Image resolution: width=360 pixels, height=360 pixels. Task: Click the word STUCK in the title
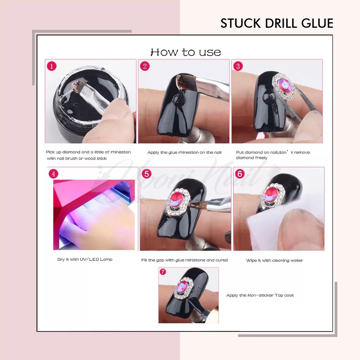tap(240, 23)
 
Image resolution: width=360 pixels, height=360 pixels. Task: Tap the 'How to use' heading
tap(186, 52)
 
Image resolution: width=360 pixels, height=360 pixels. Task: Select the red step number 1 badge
tap(52, 66)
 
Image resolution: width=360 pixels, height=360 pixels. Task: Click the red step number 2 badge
tap(145, 66)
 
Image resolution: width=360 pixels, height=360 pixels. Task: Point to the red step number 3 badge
tap(238, 66)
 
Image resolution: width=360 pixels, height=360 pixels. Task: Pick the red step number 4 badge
tap(53, 174)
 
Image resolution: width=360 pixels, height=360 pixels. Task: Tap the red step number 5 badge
tap(147, 174)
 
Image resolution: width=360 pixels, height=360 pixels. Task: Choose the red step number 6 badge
tap(240, 174)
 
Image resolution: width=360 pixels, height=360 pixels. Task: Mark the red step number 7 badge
tap(163, 272)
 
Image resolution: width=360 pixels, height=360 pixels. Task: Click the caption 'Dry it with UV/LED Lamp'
tap(85, 259)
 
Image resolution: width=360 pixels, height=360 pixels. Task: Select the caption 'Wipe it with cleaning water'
tap(275, 261)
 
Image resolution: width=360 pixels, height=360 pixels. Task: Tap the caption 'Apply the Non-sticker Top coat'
tap(260, 295)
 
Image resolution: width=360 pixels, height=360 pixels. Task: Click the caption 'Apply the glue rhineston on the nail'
tap(184, 153)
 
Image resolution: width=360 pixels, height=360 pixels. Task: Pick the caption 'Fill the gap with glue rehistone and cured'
tap(184, 260)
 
